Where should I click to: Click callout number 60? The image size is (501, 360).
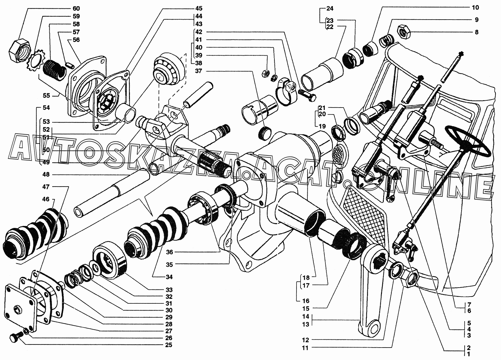pos(76,8)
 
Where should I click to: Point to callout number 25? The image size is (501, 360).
pos(169,345)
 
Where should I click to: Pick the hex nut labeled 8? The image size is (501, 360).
pos(405,32)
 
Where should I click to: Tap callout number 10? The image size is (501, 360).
pos(475,7)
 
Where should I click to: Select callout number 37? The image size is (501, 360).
pos(198,71)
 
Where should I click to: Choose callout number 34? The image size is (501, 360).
pos(169,277)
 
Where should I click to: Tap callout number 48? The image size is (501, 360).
pos(46,174)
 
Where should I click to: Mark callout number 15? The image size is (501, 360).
pos(306,308)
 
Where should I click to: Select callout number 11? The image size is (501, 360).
pos(305,348)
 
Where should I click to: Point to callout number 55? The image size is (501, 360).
pos(46,95)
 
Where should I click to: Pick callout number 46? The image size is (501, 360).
pos(46,199)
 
